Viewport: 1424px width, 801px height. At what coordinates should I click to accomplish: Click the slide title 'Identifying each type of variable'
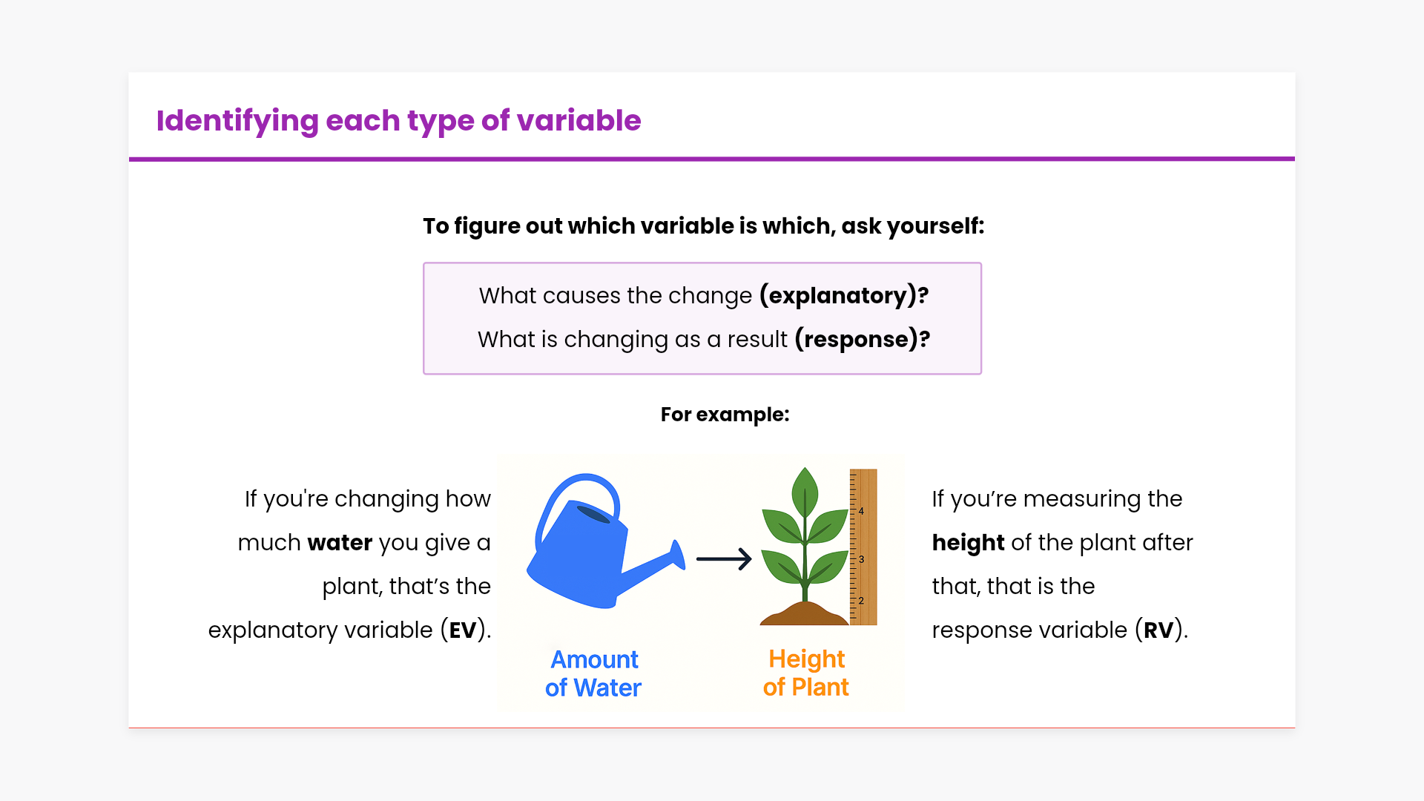[398, 121]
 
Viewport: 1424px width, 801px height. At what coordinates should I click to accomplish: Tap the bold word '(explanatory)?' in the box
[844, 296]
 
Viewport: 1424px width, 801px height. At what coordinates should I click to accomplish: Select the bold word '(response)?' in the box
[863, 340]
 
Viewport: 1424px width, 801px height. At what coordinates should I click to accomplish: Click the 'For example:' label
[725, 415]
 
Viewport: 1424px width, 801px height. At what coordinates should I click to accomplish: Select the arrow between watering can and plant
[724, 559]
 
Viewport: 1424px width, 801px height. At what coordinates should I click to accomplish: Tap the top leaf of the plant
[805, 492]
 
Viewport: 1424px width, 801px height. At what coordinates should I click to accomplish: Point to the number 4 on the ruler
[861, 511]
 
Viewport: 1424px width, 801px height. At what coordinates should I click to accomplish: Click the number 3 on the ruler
[861, 559]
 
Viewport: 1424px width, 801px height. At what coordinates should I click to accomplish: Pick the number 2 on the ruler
[861, 601]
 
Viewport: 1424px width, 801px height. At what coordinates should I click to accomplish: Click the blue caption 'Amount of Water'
[593, 673]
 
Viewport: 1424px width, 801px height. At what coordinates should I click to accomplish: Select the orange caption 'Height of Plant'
[806, 673]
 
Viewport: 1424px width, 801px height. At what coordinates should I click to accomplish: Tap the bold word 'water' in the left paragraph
[340, 543]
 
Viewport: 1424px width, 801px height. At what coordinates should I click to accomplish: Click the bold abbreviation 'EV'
[463, 630]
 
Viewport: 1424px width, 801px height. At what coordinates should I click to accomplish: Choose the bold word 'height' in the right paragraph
[968, 543]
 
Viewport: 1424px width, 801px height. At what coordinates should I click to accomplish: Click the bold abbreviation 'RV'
[1158, 630]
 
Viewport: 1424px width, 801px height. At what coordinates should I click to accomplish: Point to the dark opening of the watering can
[593, 514]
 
